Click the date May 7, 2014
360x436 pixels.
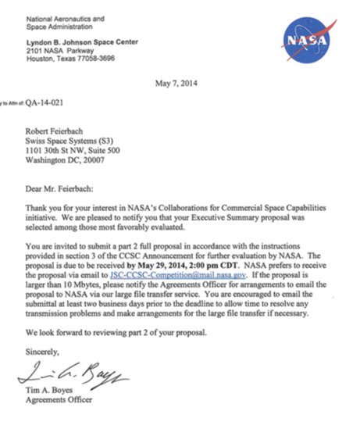(178, 85)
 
